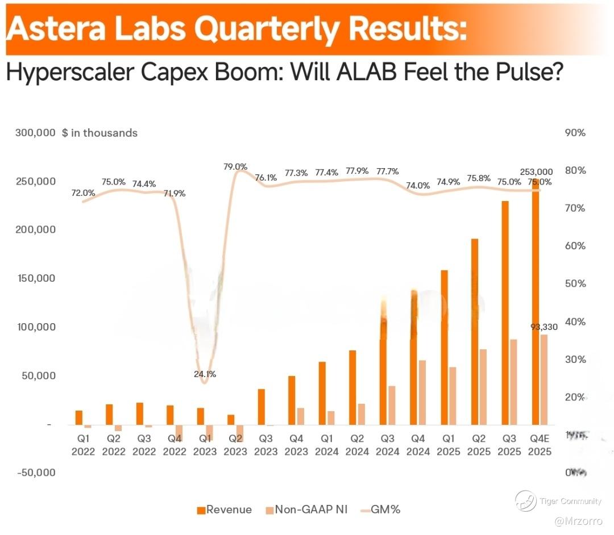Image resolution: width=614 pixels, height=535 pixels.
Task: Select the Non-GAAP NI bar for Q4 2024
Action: pos(422,392)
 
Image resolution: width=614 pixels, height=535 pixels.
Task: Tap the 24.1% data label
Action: pos(205,374)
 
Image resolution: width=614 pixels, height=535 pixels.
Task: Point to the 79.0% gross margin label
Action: pos(235,167)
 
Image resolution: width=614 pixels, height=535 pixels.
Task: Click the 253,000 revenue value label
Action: pos(536,172)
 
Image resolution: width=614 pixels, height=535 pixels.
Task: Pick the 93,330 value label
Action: pos(544,327)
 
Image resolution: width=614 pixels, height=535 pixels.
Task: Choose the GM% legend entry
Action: pos(381,509)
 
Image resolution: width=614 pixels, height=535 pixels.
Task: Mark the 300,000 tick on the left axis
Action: pos(36,133)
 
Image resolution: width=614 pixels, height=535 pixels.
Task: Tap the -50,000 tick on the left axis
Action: pos(36,473)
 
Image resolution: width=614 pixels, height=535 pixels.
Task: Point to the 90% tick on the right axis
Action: pos(575,133)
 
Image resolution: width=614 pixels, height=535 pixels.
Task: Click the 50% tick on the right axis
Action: pos(575,284)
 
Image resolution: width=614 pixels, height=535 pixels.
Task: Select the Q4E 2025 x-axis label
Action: pos(540,445)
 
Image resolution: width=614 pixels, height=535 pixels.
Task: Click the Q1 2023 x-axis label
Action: pos(205,445)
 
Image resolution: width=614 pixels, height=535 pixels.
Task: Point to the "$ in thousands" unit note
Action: pos(100,133)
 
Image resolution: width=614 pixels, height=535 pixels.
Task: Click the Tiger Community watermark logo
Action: pos(526,500)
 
